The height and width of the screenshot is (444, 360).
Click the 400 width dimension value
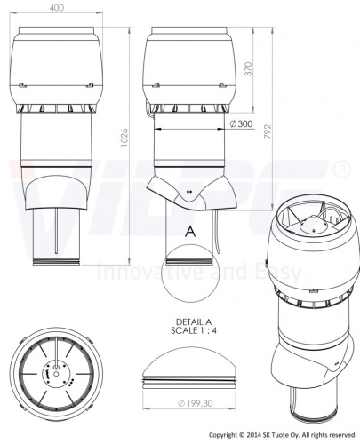tap(57, 8)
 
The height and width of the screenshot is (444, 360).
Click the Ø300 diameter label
tap(238, 124)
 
